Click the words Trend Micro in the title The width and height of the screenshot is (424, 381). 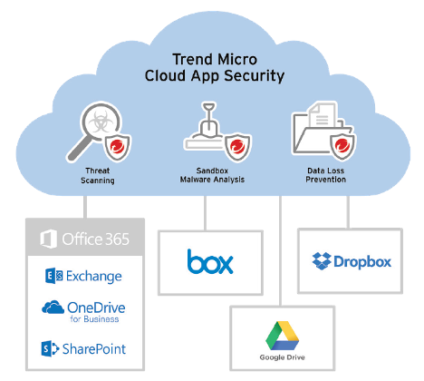pyautogui.click(x=215, y=59)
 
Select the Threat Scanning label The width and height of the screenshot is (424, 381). pyautogui.click(x=98, y=175)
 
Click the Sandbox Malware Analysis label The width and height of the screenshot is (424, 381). pyautogui.click(x=212, y=175)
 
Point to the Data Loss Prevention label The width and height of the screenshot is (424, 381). pyautogui.click(x=325, y=175)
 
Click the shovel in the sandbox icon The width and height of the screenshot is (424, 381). pyautogui.click(x=208, y=120)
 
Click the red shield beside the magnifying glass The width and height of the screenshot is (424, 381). pyautogui.click(x=118, y=148)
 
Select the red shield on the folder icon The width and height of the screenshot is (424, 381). pyautogui.click(x=342, y=146)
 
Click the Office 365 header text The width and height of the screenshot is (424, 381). pyautogui.click(x=95, y=239)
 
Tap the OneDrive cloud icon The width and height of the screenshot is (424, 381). pyautogui.click(x=53, y=308)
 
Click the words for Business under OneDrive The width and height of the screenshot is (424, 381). pyautogui.click(x=94, y=319)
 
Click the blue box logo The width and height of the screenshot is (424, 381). pyautogui.click(x=210, y=261)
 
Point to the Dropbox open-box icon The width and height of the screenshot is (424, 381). pyautogui.click(x=322, y=261)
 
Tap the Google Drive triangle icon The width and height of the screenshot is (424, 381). pyautogui.click(x=283, y=336)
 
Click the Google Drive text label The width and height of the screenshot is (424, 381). pyautogui.click(x=283, y=357)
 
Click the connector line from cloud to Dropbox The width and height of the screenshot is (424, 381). pyautogui.click(x=348, y=212)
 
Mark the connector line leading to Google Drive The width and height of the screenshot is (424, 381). pyautogui.click(x=280, y=250)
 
